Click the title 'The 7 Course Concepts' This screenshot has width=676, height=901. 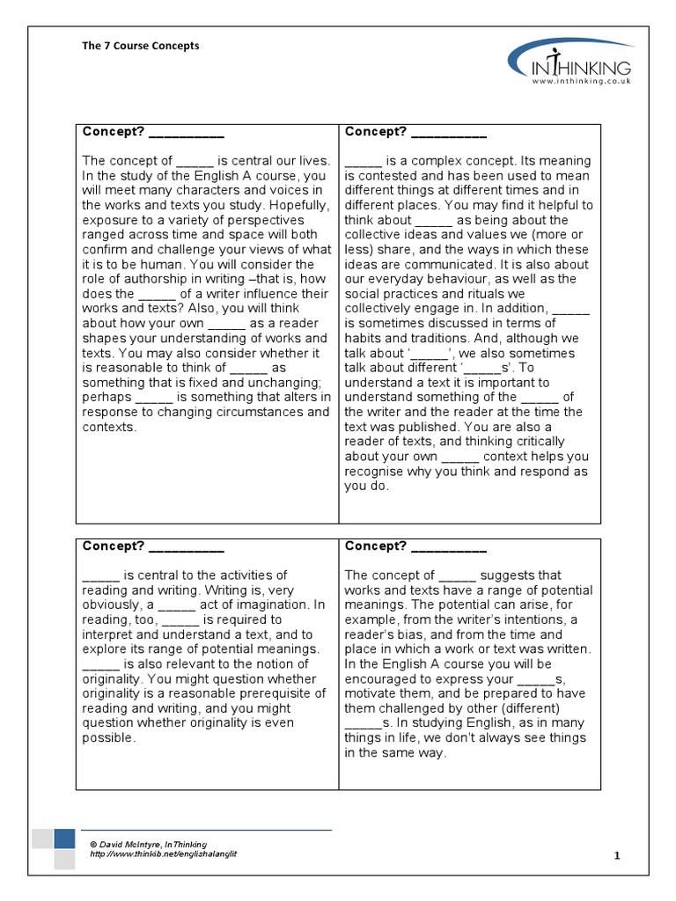[141, 46]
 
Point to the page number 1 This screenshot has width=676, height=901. [617, 855]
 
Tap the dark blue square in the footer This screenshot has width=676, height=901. [64, 838]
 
